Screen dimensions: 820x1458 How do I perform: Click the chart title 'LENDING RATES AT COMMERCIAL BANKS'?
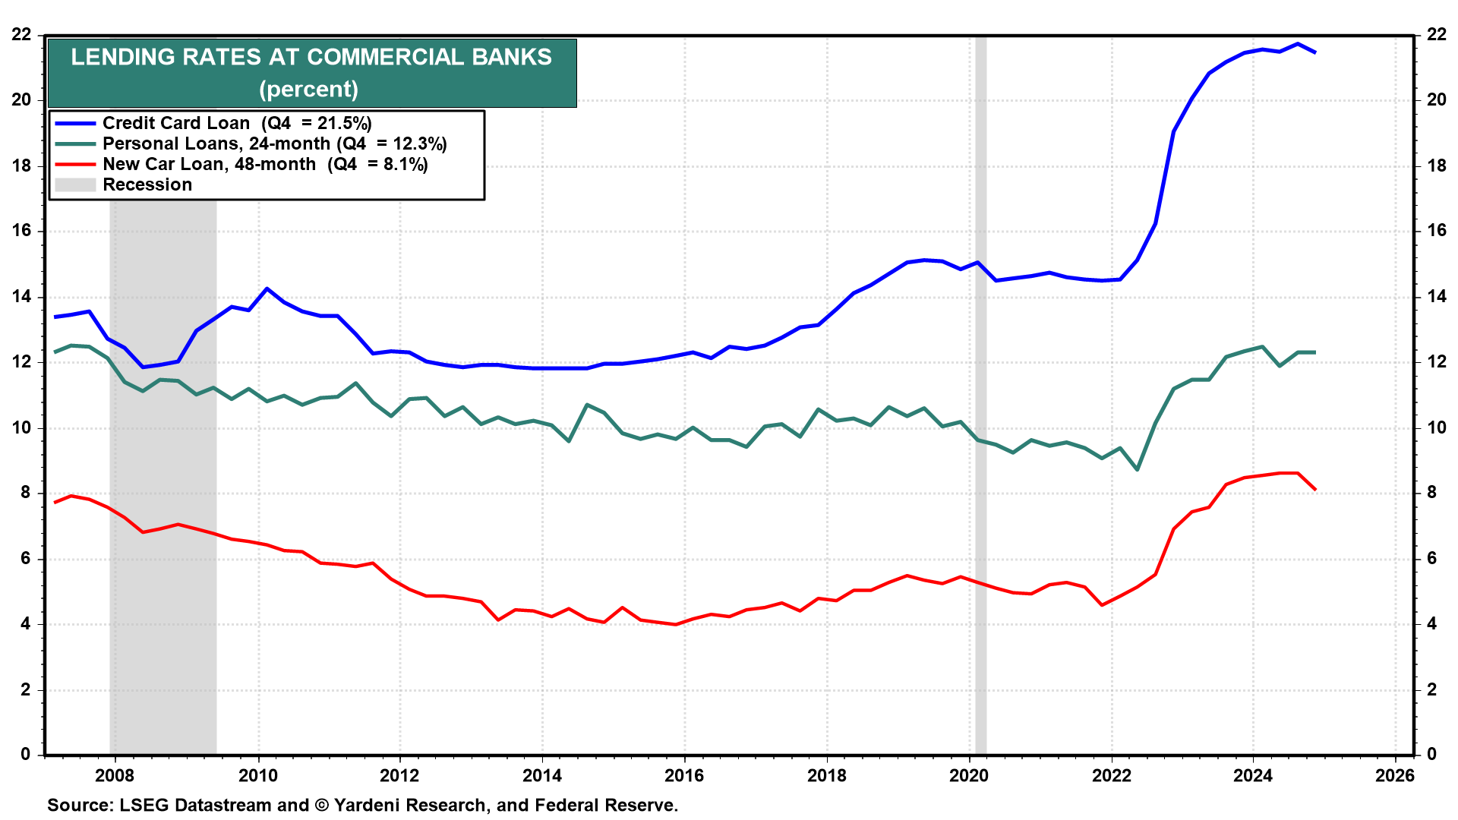point(311,58)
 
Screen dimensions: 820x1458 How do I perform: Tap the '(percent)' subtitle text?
point(308,90)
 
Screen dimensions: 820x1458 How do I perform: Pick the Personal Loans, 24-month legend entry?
point(274,143)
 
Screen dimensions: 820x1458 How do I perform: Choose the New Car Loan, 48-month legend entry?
point(265,164)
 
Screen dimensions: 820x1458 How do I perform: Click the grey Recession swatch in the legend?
point(75,184)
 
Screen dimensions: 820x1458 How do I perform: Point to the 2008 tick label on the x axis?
point(115,775)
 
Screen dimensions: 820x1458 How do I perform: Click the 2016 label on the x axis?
point(684,775)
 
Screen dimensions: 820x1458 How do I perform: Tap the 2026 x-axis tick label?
point(1396,775)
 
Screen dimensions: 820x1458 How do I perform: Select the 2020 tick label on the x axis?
point(969,775)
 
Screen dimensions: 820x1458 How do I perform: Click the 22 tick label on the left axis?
point(21,35)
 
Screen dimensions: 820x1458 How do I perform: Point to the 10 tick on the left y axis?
point(21,427)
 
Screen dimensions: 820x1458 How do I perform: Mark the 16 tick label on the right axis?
point(1437,231)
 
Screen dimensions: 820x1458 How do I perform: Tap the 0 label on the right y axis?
point(1432,754)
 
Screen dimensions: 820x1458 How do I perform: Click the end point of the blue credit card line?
point(1315,52)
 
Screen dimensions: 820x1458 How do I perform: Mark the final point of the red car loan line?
point(1315,490)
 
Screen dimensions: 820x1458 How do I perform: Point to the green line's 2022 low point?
point(1137,470)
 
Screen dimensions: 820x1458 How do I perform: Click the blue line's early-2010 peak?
point(267,289)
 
